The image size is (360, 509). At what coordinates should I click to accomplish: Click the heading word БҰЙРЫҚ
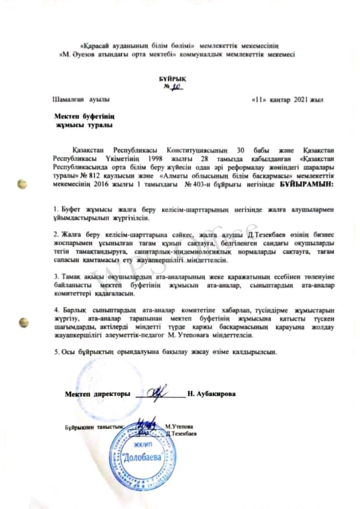pos(173,78)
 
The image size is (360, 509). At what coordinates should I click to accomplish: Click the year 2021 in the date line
pos(301,99)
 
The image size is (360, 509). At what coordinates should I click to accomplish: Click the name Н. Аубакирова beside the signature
pos(216,394)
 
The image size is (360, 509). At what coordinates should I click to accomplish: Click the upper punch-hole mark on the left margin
pos(21,184)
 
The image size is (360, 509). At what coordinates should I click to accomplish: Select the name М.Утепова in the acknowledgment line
pos(179,427)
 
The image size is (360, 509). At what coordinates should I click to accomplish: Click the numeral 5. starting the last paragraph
pos(56,352)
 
